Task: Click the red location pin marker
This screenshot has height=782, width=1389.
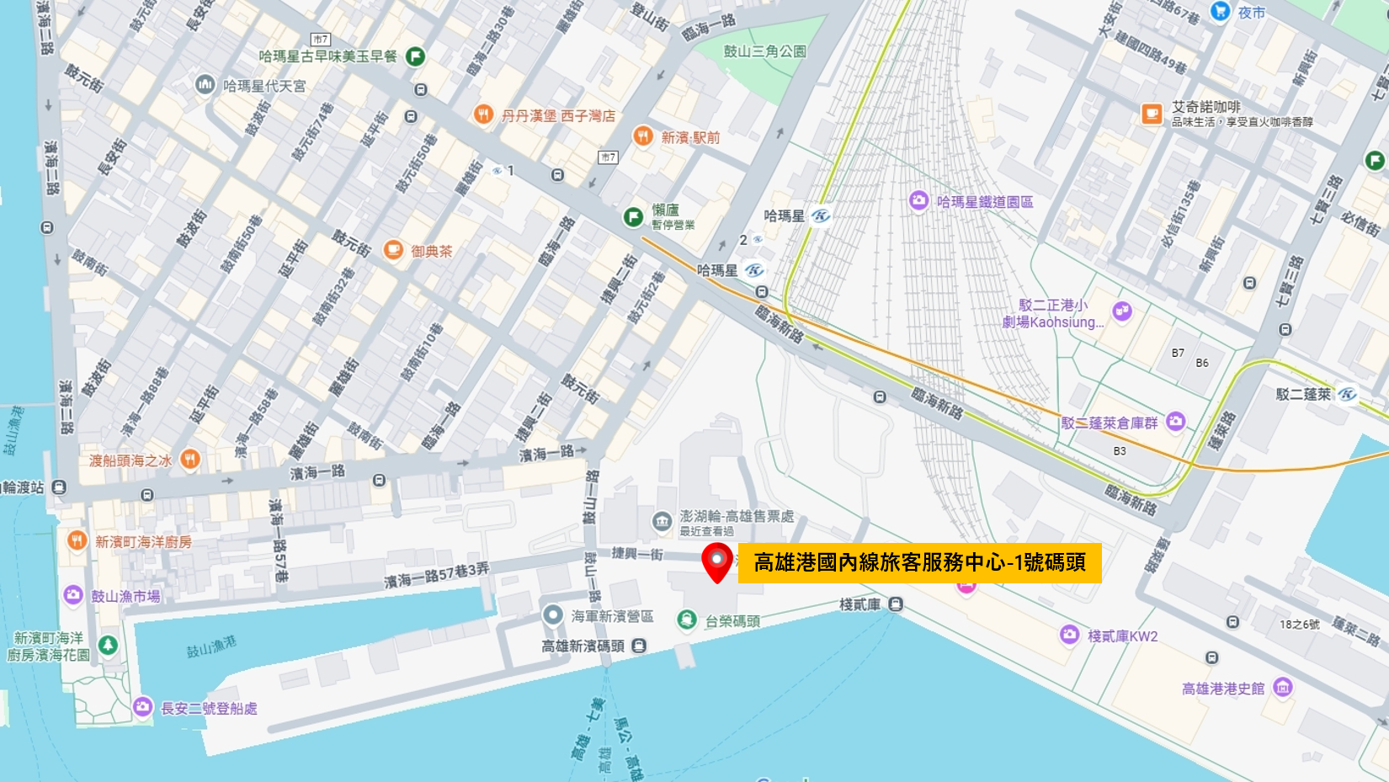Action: pos(716,561)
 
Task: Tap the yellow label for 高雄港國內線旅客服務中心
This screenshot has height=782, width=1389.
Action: pos(919,562)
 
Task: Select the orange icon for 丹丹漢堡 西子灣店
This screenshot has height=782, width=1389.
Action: pos(483,114)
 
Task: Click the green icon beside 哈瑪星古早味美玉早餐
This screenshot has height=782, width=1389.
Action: pos(415,56)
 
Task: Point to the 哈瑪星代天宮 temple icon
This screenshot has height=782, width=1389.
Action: pos(205,84)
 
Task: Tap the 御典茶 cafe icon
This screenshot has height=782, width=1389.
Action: pos(393,250)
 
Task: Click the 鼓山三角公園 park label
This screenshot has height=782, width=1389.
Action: pos(764,51)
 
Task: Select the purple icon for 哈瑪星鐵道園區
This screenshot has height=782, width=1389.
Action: pos(918,200)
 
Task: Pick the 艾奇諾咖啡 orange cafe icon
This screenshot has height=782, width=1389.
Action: pos(1152,114)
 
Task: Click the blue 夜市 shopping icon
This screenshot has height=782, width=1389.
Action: pos(1220,11)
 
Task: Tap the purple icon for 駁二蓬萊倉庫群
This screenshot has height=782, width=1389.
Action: pos(1176,421)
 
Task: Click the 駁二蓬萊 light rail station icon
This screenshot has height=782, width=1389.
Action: pos(1348,394)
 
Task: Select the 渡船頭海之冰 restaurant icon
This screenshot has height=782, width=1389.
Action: pos(190,460)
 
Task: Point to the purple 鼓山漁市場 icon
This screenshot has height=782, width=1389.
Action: pos(73,595)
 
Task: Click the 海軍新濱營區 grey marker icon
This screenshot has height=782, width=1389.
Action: pos(552,615)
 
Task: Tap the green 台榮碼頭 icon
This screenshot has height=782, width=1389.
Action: pos(687,620)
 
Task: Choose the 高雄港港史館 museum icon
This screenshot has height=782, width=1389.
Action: pos(1283,688)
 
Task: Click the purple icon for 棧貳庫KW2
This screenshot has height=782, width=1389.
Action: pos(1069,635)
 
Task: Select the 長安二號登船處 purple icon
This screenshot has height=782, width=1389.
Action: pos(142,707)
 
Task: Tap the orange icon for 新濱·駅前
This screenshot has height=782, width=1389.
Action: pos(643,136)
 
